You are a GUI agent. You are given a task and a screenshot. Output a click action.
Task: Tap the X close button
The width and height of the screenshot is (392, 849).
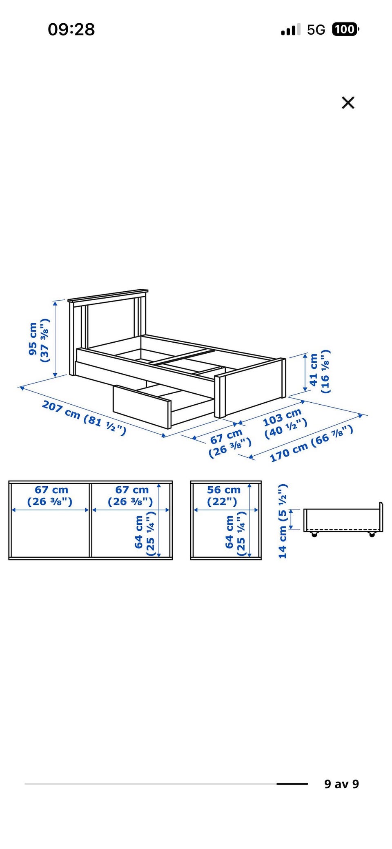(x=348, y=102)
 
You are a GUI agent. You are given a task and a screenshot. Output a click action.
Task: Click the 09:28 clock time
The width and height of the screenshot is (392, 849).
(x=71, y=29)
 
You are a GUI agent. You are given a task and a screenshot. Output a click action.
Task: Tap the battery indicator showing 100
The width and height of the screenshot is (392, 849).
(x=345, y=29)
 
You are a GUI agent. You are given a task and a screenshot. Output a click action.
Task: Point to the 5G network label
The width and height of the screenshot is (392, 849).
(x=316, y=30)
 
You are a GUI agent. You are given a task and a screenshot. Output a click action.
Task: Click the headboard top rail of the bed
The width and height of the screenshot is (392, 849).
(x=108, y=295)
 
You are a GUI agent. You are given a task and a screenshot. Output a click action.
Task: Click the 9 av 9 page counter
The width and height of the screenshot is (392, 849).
(x=341, y=784)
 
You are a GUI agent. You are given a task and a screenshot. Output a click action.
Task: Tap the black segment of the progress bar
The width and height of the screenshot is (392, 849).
(x=292, y=784)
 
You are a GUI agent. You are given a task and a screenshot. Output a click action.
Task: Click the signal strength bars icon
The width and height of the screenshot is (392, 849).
(x=290, y=29)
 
